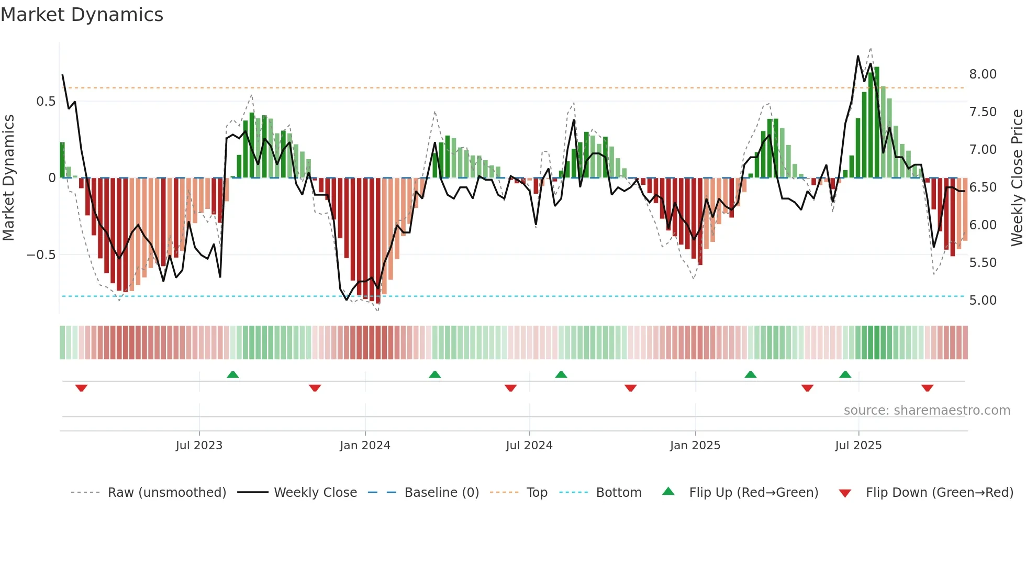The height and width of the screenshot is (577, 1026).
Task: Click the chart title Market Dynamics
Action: (x=82, y=15)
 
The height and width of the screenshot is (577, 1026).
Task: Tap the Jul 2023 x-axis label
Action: (x=199, y=446)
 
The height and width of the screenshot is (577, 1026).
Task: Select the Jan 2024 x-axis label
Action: (x=365, y=446)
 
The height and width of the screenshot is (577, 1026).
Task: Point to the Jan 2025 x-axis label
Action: (x=695, y=446)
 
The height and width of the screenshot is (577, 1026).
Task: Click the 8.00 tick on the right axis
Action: (x=983, y=74)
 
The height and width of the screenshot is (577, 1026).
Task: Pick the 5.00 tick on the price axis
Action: (x=983, y=301)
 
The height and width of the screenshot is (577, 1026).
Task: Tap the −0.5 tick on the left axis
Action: (x=41, y=255)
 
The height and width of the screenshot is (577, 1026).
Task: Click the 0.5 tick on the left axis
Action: (x=46, y=102)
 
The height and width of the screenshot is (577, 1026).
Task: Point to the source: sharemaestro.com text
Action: (x=927, y=410)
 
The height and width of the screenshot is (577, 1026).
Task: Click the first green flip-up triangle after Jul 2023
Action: (x=233, y=374)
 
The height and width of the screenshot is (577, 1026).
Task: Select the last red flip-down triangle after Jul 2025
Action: (x=927, y=388)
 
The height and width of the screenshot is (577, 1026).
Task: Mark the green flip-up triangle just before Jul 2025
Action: (x=845, y=374)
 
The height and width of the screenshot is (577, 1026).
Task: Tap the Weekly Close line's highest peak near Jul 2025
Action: (x=858, y=56)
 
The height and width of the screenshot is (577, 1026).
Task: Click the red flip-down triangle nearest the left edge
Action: (x=81, y=388)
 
